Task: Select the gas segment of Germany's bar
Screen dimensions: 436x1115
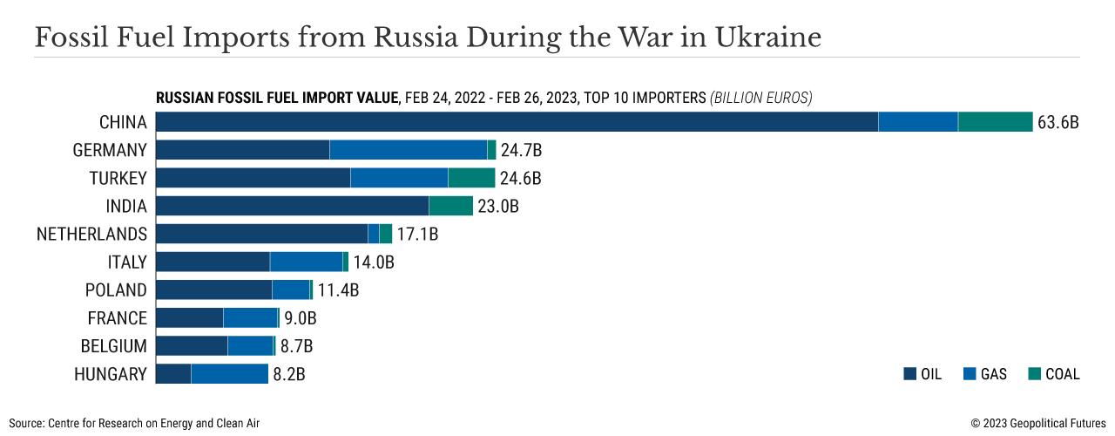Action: pyautogui.click(x=408, y=150)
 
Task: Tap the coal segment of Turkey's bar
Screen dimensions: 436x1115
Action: pyautogui.click(x=471, y=178)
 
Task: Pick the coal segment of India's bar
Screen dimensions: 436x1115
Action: pyautogui.click(x=450, y=206)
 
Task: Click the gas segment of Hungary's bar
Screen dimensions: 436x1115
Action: pyautogui.click(x=229, y=374)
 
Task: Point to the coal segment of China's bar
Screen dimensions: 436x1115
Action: pyautogui.click(x=995, y=122)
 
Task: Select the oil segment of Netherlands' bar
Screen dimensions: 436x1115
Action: pyautogui.click(x=261, y=234)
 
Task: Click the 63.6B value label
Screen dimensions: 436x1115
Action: pyautogui.click(x=1058, y=122)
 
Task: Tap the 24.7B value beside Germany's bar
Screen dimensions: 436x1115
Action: pyautogui.click(x=521, y=150)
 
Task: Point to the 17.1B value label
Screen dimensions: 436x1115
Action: pyautogui.click(x=417, y=234)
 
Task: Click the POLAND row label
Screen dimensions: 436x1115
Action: pyautogui.click(x=116, y=290)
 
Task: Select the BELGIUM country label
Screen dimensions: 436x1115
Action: pyautogui.click(x=113, y=346)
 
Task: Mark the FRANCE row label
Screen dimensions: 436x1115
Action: pyautogui.click(x=117, y=318)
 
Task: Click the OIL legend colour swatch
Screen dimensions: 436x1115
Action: pyautogui.click(x=909, y=374)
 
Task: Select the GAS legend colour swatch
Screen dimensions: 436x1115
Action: pyautogui.click(x=969, y=374)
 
